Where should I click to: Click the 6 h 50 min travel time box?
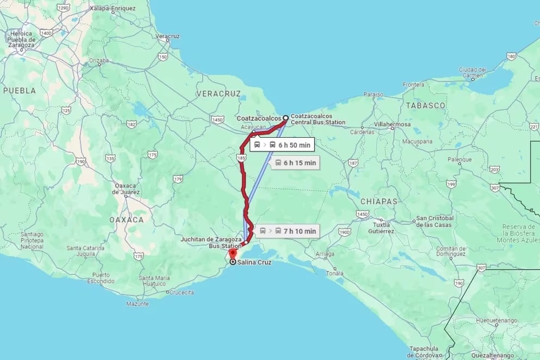tap(282, 145)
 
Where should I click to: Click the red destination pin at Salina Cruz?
tap(232, 254)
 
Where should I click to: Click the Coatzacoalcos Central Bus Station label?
tap(317, 119)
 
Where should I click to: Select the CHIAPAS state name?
tap(379, 202)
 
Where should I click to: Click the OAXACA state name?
tap(126, 219)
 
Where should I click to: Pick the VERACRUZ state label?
tap(218, 94)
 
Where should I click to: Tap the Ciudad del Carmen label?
tap(472, 72)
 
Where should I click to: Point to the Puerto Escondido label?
tap(105, 278)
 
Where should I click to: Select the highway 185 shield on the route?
tap(240, 157)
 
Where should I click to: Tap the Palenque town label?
tap(459, 160)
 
